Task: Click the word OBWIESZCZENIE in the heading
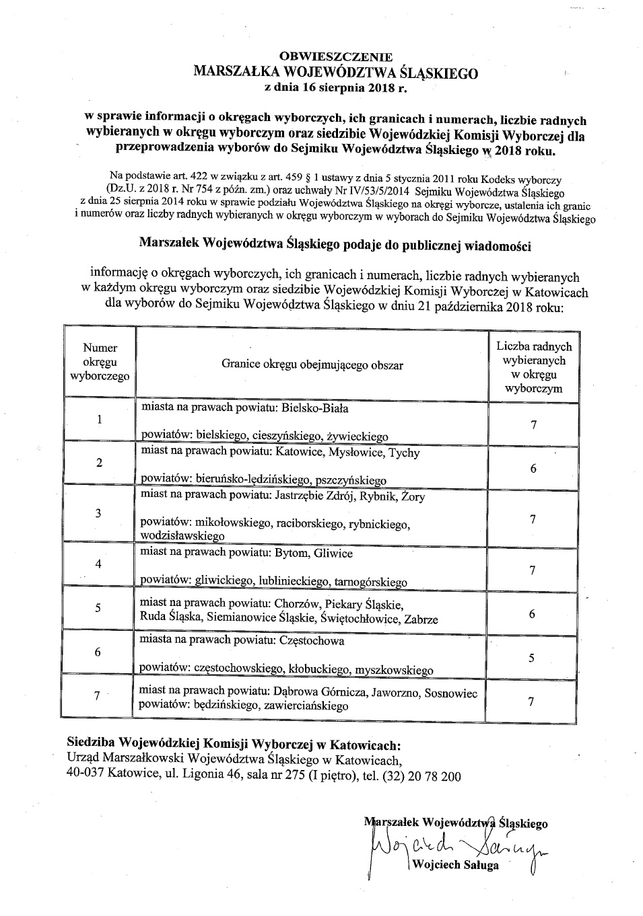pos(335,57)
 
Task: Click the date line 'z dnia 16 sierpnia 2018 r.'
pos(336,87)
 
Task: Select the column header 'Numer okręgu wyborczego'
pos(100,362)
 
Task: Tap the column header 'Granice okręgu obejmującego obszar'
pos(312,365)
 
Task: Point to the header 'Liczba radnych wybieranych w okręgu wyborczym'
pos(534,367)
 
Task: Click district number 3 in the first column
pos(98,513)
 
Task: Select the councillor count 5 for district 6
pos(532,658)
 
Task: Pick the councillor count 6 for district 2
pos(533,468)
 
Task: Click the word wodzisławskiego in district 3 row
pos(182,536)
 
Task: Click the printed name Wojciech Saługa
pos(457,866)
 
